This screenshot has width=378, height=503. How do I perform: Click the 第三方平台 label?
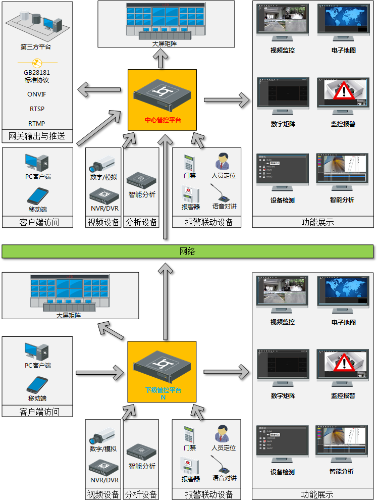36,47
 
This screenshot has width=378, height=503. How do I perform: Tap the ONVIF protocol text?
36,94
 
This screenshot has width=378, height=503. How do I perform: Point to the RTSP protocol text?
36,109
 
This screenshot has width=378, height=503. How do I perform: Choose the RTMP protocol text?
36,123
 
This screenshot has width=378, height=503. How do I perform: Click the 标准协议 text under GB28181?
36,80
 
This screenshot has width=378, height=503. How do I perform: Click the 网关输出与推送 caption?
37,136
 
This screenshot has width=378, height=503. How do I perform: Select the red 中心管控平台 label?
163,121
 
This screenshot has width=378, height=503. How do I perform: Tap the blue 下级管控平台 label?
163,390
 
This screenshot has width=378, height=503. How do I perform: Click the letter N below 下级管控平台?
163,398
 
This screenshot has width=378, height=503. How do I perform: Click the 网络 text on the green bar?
187,251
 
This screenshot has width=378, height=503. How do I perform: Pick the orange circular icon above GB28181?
36,63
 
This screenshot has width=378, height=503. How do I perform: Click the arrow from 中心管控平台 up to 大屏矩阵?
161,60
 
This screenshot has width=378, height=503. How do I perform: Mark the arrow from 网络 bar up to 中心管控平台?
166,187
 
